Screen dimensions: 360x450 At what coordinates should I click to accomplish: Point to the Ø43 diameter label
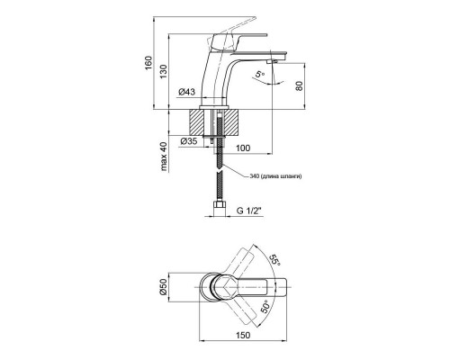[187, 92]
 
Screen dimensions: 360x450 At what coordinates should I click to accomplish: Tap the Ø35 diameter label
[188, 140]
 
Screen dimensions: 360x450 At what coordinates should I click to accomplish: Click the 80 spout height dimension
[299, 88]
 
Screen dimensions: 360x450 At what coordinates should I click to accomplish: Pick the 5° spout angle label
[261, 74]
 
